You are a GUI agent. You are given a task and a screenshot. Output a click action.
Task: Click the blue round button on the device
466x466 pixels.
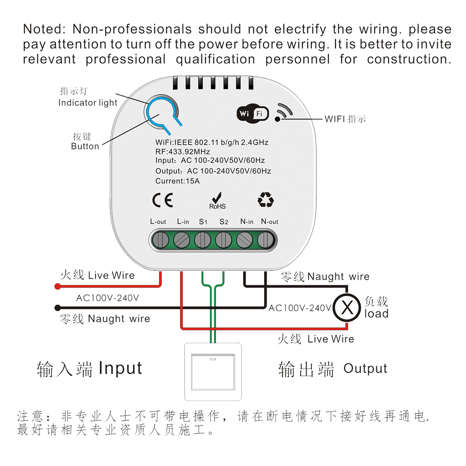[x=161, y=113]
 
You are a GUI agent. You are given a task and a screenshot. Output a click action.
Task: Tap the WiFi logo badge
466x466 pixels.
[x=253, y=113]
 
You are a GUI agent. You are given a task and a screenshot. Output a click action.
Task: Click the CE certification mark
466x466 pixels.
[x=163, y=200]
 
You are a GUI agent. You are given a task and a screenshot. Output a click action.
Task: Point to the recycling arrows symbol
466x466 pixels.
[x=266, y=200]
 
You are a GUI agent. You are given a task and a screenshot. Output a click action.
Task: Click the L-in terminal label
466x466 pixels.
[x=183, y=222]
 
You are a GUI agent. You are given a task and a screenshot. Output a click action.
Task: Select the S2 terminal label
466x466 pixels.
[x=224, y=222]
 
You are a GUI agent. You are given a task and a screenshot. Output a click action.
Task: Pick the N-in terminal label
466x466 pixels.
[x=247, y=222]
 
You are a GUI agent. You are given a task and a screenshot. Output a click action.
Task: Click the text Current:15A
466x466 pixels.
[x=178, y=181]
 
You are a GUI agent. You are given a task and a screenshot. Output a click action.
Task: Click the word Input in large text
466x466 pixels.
[x=120, y=368]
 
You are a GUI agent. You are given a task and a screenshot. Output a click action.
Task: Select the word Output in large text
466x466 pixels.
[x=365, y=369]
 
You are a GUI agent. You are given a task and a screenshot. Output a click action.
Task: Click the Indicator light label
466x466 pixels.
[x=88, y=103]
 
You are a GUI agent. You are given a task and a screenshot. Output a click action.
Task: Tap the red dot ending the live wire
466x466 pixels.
[x=57, y=287]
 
